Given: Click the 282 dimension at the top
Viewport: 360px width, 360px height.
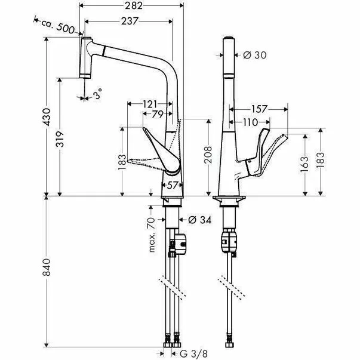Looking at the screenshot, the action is (x=134, y=6).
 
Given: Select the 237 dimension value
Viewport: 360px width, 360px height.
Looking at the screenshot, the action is (x=130, y=21).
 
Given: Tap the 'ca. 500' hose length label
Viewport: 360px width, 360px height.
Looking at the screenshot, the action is (x=58, y=26).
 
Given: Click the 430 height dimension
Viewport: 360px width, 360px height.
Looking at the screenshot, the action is (x=47, y=117).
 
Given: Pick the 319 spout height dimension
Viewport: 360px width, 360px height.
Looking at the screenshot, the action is (x=60, y=139).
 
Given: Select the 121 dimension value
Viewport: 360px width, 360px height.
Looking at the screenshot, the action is (x=150, y=104).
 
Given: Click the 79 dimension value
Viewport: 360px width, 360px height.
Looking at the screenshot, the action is (x=157, y=114).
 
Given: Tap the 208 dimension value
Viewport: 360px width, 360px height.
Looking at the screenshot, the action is (x=208, y=155).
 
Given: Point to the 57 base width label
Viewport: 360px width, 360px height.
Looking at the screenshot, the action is (x=172, y=185).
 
